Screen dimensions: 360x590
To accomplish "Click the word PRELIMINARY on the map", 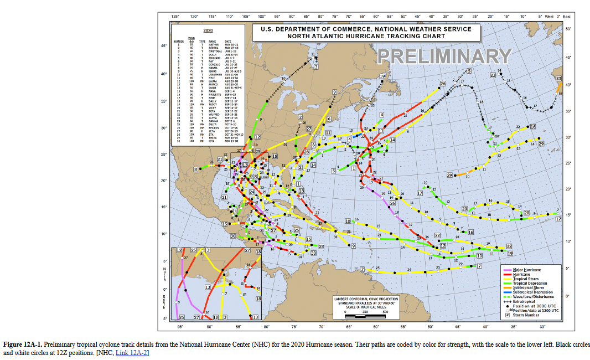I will point(444,56).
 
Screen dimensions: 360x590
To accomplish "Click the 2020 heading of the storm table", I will point(208,30).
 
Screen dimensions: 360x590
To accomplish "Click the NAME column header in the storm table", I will point(212,41).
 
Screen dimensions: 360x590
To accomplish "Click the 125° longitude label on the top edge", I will point(175,17).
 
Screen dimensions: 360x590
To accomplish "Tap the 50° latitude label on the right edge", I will point(568,28).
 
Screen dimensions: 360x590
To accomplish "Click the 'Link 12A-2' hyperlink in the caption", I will point(132,352).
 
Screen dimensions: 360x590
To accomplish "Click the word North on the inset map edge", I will point(164,274).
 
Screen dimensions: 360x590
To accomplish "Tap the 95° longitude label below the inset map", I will point(180,327).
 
